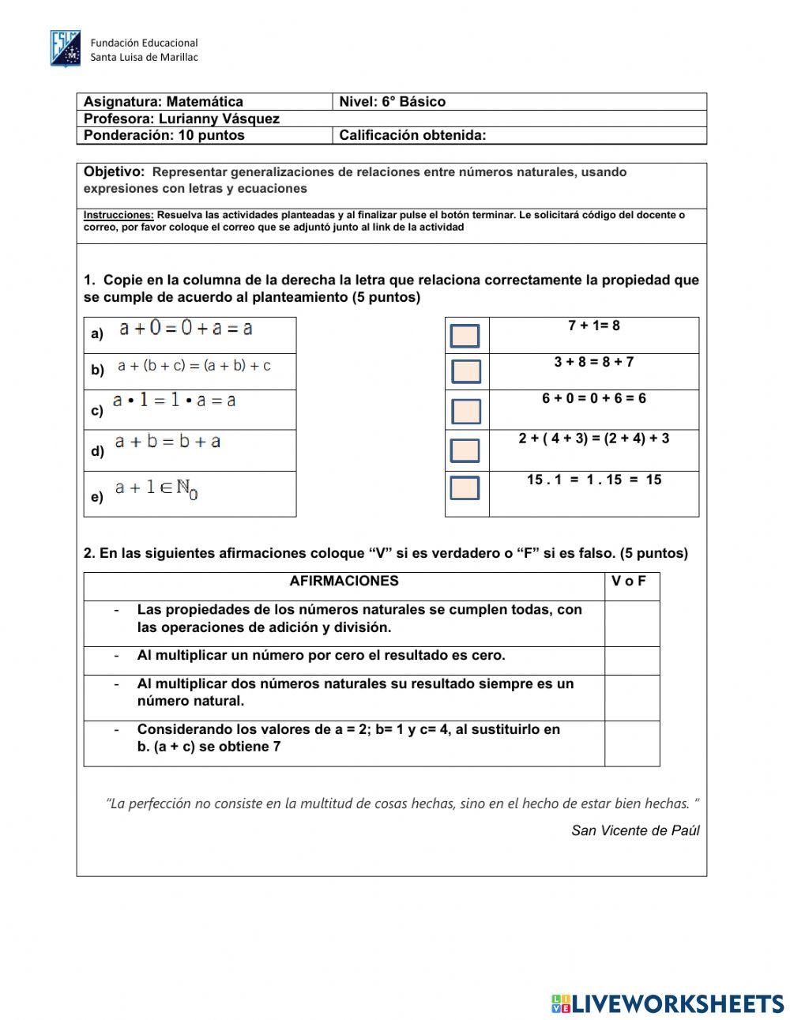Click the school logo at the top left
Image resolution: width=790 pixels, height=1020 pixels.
[66, 49]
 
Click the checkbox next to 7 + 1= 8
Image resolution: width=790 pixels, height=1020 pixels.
[465, 336]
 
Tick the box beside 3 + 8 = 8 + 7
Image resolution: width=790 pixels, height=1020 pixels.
[466, 371]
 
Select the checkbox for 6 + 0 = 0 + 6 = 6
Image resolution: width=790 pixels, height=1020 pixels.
[466, 411]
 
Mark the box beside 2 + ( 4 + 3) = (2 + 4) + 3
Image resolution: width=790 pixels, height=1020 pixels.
[465, 450]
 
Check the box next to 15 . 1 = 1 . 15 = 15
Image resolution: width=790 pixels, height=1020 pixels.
[465, 487]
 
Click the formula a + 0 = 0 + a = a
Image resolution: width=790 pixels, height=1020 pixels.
[186, 328]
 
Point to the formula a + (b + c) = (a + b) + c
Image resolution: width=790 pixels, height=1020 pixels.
[194, 366]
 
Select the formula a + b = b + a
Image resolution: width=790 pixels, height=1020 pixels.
[167, 442]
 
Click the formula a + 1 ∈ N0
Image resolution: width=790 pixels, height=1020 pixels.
[156, 489]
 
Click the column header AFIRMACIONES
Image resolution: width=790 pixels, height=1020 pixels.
[344, 582]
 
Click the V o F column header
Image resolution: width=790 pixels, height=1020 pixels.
[629, 582]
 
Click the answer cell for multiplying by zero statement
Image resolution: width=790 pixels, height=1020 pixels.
[632, 661]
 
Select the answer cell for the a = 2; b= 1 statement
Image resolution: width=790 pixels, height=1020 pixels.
[632, 743]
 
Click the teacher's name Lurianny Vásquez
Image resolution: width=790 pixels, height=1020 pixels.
[219, 119]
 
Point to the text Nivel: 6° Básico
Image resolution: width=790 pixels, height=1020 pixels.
[392, 101]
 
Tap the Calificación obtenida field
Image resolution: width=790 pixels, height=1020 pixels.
[592, 135]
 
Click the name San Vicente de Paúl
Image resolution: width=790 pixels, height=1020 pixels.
[635, 830]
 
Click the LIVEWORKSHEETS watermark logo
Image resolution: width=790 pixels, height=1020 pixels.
[668, 1003]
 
